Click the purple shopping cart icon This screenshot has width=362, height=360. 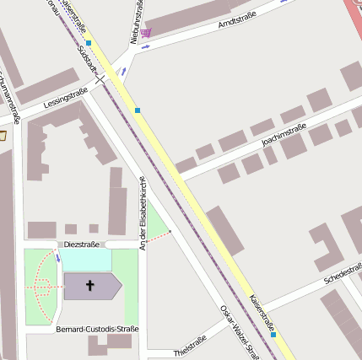coord(147,33)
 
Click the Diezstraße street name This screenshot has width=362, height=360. coord(82,244)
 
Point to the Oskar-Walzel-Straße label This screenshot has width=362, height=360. coord(239,332)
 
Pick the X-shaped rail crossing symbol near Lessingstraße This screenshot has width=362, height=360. coord(101,79)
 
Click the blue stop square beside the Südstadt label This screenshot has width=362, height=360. coord(89,42)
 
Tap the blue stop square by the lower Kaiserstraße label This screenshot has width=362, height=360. coord(273,335)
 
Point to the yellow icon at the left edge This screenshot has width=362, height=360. coord(3,134)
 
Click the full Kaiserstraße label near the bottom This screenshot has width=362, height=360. coord(261,311)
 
